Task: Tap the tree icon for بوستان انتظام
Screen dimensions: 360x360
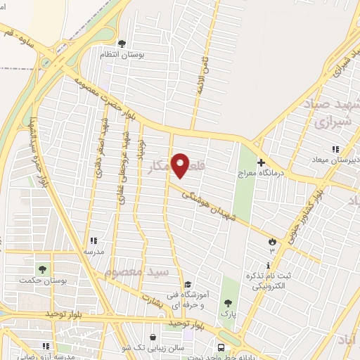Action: tap(122, 44)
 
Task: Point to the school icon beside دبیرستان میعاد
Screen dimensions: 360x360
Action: tap(335, 149)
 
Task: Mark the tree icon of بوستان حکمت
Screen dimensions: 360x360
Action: tap(43, 269)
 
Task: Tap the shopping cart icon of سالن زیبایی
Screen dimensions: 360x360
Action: tap(155, 337)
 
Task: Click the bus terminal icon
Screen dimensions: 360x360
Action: tap(221, 347)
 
